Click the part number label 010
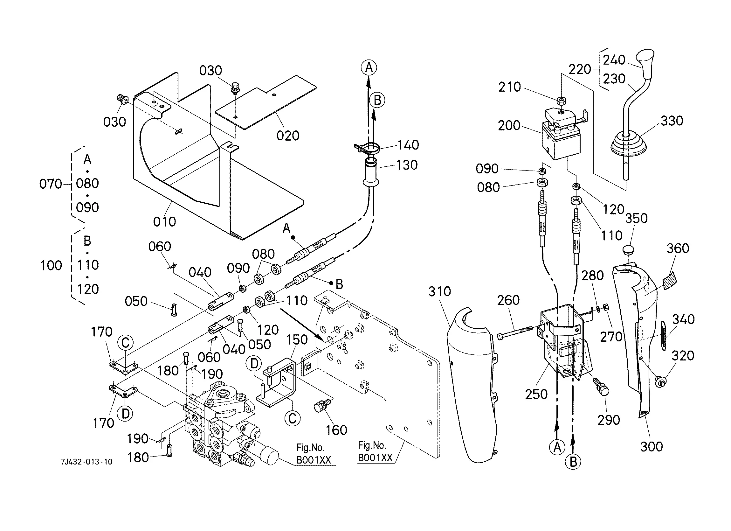[x=164, y=222]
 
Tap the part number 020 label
[x=288, y=136]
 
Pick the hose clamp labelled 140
[x=369, y=148]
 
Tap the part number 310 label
[x=439, y=292]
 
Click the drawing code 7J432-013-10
[x=87, y=462]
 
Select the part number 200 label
[x=509, y=125]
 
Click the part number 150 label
[x=297, y=340]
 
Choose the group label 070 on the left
[x=50, y=184]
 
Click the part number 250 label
[x=536, y=394]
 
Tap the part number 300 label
[x=652, y=447]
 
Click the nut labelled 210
[x=561, y=101]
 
